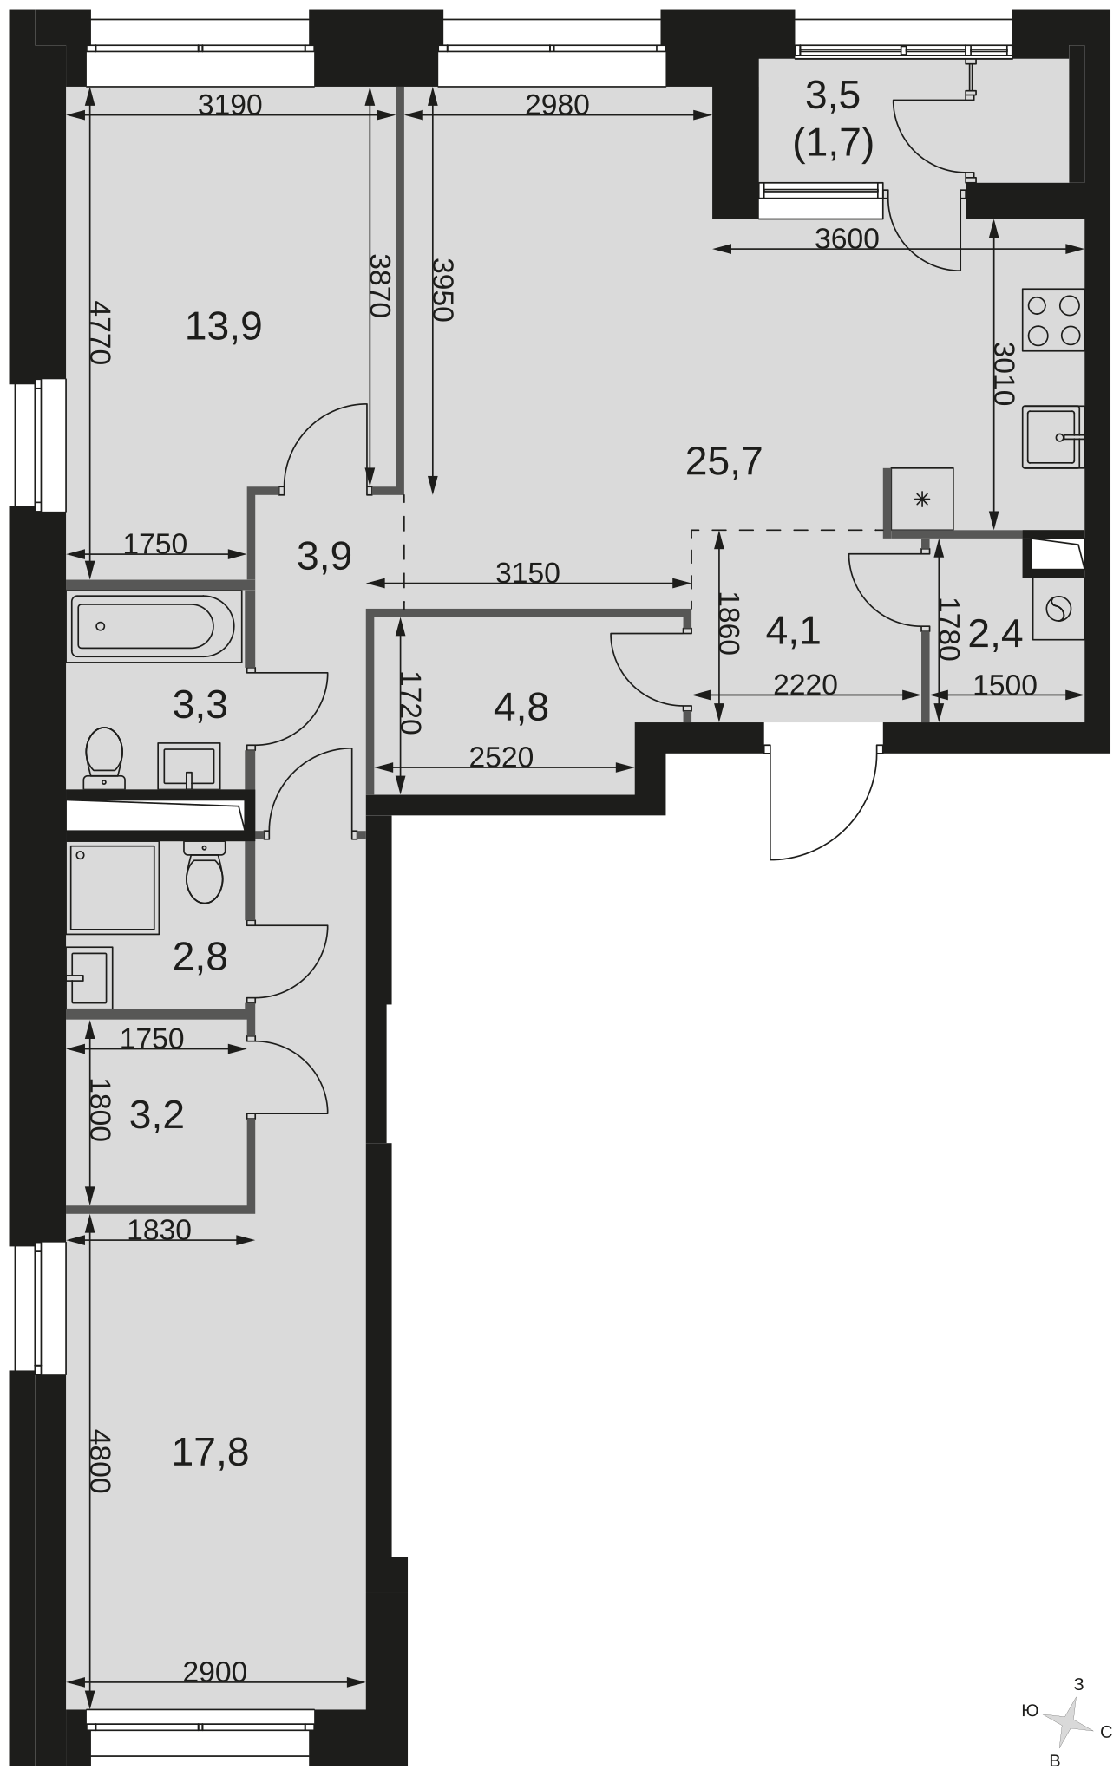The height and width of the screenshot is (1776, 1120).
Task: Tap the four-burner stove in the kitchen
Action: [1053, 320]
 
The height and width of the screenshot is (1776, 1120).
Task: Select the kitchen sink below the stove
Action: [1053, 437]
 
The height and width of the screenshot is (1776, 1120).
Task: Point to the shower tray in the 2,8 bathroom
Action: [113, 887]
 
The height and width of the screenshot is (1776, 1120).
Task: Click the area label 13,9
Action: [224, 327]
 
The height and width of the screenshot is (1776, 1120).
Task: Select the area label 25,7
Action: [724, 461]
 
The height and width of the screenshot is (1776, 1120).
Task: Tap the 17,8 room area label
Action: [210, 1452]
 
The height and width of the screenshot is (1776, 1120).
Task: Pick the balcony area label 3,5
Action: [833, 95]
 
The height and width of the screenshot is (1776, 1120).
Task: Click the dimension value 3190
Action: [230, 105]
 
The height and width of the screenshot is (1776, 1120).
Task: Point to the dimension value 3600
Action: [847, 238]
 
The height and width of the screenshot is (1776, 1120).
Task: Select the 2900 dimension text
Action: [215, 1671]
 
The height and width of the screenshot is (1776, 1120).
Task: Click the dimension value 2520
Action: [501, 757]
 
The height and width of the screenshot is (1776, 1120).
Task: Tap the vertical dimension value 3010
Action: [1004, 374]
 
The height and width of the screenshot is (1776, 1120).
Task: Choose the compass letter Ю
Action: [1030, 1710]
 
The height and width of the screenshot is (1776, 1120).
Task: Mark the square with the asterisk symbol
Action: [922, 499]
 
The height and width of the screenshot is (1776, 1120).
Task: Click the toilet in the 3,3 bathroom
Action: [104, 758]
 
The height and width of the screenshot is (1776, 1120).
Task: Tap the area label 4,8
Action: [521, 708]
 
